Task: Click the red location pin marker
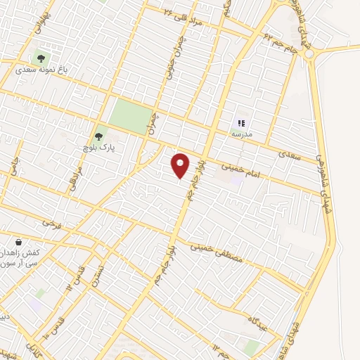(x=181, y=165)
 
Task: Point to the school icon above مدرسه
(x=242, y=122)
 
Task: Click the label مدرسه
(x=242, y=134)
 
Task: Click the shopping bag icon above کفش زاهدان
(x=28, y=241)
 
